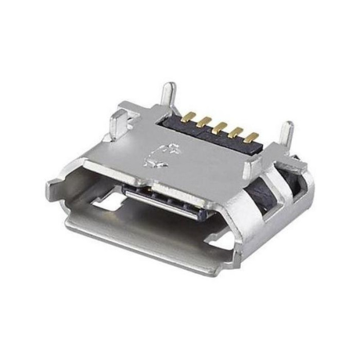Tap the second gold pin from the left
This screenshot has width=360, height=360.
pos(205,121)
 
